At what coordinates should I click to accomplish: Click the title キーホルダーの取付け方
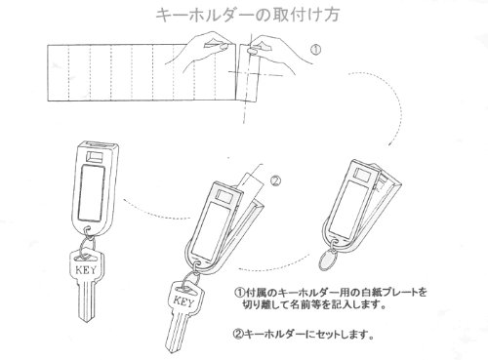pos(248,15)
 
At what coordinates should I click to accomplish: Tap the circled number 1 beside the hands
pos(315,50)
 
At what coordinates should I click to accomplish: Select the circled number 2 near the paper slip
pos(275,180)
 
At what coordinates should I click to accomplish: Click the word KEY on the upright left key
pos(86,269)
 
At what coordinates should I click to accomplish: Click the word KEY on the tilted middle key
pos(183,301)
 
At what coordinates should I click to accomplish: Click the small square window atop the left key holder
pos(95,157)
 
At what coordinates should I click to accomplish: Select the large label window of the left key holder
pos(93,192)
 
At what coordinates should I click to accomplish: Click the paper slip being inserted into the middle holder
pos(251,184)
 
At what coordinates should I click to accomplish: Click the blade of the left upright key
pos(86,301)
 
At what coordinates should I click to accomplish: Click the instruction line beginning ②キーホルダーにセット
pos(304,334)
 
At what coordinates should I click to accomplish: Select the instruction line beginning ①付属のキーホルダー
pos(330,292)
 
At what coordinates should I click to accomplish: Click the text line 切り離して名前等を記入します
pos(314,305)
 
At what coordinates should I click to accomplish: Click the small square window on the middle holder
pos(224,196)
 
